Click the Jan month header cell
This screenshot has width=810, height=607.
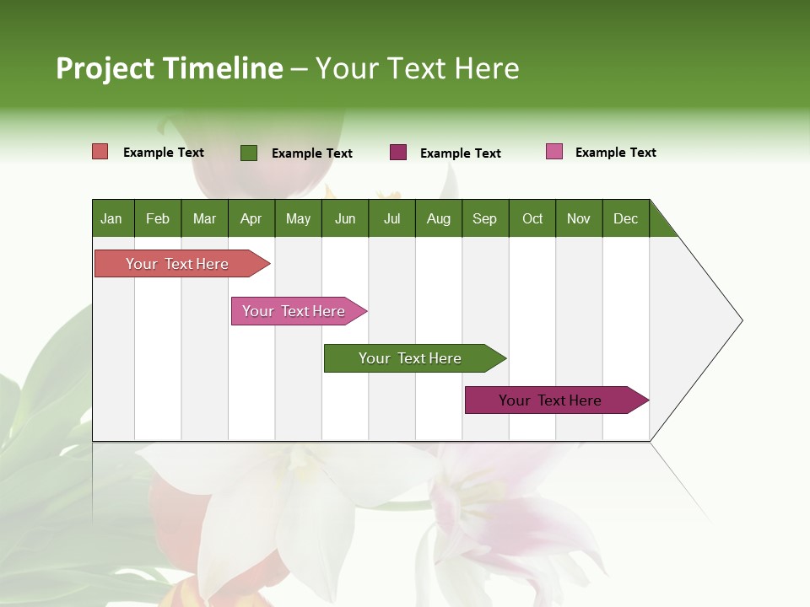pyautogui.click(x=112, y=218)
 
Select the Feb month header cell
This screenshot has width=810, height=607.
pyautogui.click(x=158, y=218)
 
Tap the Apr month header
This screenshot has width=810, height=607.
pyautogui.click(x=251, y=218)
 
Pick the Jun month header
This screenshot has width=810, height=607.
pyautogui.click(x=345, y=218)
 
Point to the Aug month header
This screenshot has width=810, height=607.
pyautogui.click(x=438, y=218)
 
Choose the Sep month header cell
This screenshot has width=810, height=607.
pyautogui.click(x=484, y=218)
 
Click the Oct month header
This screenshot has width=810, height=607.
pyautogui.click(x=532, y=218)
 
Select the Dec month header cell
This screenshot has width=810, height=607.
pyautogui.click(x=625, y=218)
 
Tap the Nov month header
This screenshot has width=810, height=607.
pyautogui.click(x=579, y=218)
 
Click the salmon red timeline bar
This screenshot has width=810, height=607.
pyautogui.click(x=177, y=264)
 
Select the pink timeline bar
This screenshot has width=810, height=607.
pyautogui.click(x=294, y=311)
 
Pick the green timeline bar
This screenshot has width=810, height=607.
pyautogui.click(x=410, y=358)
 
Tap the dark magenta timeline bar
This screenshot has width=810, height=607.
pyautogui.click(x=551, y=400)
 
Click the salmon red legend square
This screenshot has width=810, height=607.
pyautogui.click(x=100, y=152)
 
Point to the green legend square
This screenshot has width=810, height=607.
pyautogui.click(x=249, y=153)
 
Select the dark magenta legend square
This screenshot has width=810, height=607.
pyautogui.click(x=398, y=153)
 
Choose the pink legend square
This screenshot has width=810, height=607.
pyautogui.click(x=554, y=152)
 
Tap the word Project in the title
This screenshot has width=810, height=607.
pyautogui.click(x=105, y=68)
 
